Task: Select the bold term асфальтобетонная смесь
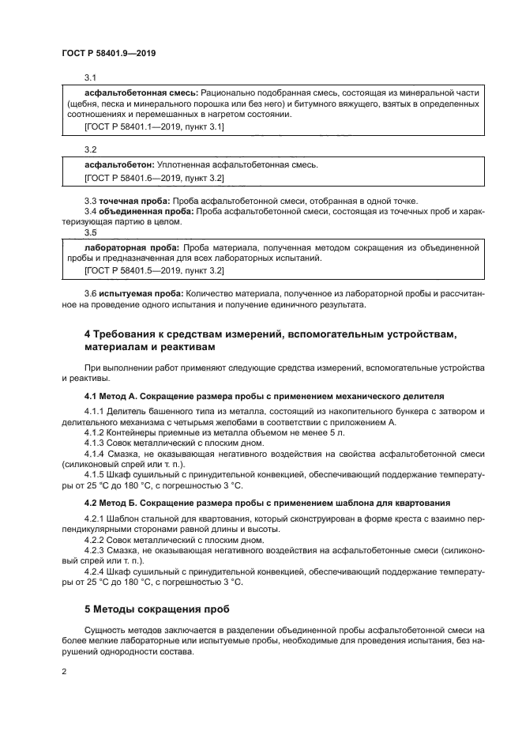coord(140,92)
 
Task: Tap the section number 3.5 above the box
coord(90,233)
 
